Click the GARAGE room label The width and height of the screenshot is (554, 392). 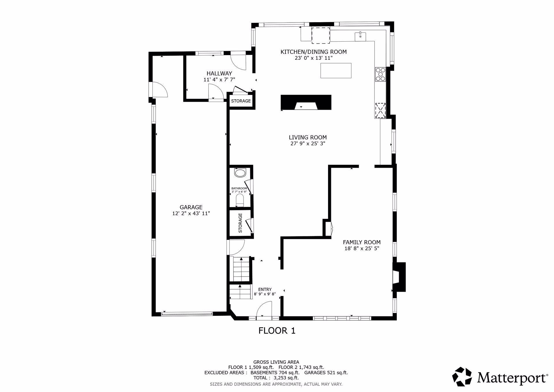click(x=191, y=207)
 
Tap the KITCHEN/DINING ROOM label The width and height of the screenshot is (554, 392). click(x=313, y=52)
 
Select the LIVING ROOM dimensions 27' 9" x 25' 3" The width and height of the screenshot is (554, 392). click(x=308, y=143)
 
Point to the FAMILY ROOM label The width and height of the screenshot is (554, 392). click(x=362, y=242)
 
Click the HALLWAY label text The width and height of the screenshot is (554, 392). click(x=219, y=74)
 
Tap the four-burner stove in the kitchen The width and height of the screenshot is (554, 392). click(x=380, y=74)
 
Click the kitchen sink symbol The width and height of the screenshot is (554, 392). click(x=360, y=36)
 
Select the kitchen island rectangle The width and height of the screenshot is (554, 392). click(x=336, y=70)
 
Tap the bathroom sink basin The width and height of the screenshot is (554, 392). click(x=240, y=173)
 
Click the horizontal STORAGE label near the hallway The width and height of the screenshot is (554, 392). click(x=241, y=101)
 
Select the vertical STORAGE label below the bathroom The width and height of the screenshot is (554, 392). click(x=240, y=223)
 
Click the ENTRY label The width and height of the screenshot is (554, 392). click(x=265, y=290)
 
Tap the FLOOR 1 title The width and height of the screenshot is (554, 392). click(x=277, y=331)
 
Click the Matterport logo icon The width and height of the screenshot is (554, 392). click(x=462, y=377)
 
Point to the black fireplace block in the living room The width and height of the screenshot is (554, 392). click(x=306, y=102)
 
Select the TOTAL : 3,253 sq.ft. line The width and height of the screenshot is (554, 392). click(x=276, y=378)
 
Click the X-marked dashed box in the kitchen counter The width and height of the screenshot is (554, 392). click(x=380, y=110)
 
